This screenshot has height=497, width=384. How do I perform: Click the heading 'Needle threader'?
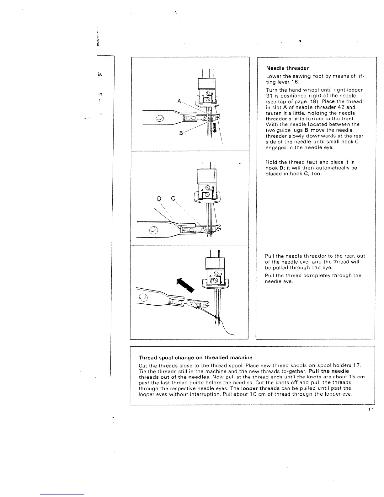(287, 68)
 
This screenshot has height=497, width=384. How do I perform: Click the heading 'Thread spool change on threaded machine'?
(195, 357)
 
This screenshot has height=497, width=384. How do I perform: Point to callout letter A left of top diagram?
(179, 101)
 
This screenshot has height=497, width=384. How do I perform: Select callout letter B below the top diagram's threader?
(181, 133)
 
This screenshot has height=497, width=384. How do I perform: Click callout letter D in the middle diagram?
(159, 198)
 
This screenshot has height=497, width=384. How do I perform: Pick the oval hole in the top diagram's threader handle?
(160, 118)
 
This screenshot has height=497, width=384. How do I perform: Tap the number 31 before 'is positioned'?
(269, 96)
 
